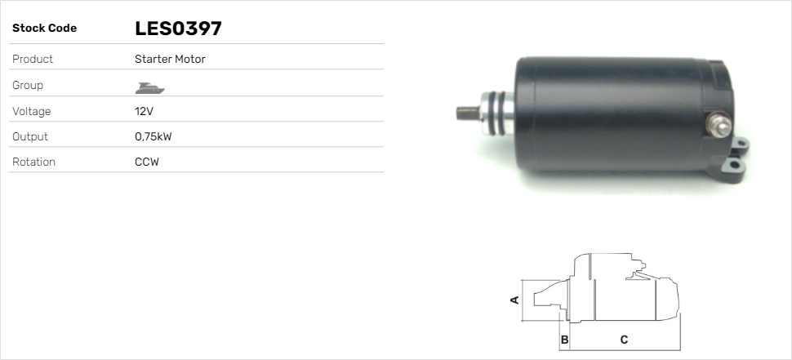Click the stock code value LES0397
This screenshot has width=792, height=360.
coord(178,29)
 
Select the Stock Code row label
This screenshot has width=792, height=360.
coord(44,29)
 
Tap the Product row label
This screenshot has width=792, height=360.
coord(33,60)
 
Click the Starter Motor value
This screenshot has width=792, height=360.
coord(170,60)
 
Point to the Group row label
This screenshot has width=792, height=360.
coord(28,86)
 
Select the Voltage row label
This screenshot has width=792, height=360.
coord(31,111)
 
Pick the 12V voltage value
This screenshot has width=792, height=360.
coord(144,111)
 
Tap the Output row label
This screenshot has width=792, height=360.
coord(30,136)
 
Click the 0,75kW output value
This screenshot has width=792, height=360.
coord(153,136)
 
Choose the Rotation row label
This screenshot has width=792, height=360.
coord(33,162)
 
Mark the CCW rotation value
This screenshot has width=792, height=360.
coord(147,162)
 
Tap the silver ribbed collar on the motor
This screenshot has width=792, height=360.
coord(500,112)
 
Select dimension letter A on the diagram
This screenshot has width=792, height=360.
coord(514,300)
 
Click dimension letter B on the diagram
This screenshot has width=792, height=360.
coord(564,339)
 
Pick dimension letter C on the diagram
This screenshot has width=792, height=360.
coord(624,339)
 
